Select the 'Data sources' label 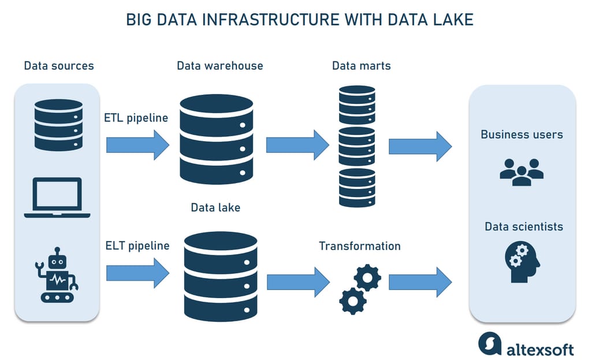[58, 65]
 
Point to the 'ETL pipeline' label [136, 118]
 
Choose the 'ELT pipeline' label [137, 246]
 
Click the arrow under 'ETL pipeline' [137, 144]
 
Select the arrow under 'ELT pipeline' [137, 272]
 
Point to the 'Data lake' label [215, 207]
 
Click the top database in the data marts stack [357, 104]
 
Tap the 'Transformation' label [359, 246]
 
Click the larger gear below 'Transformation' [367, 278]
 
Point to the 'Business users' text [522, 135]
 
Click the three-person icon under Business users [522, 172]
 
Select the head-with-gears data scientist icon [522, 262]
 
